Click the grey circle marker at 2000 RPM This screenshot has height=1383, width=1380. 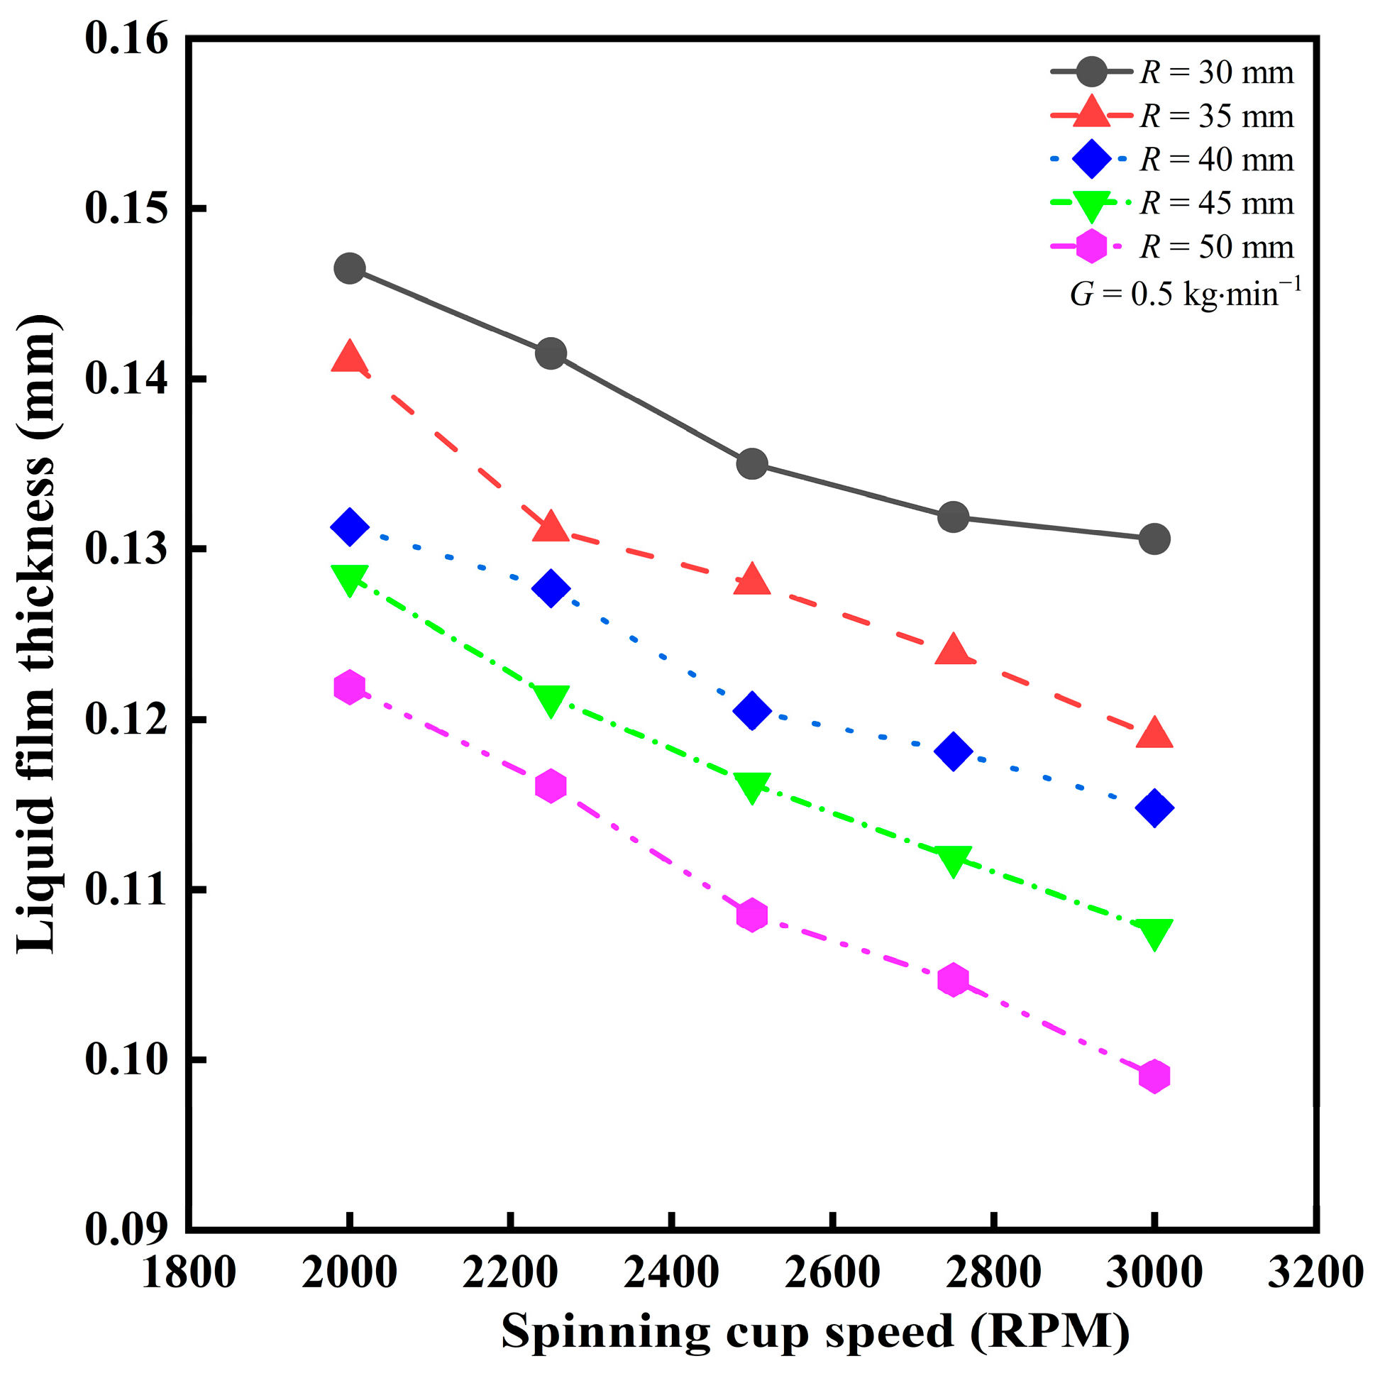pos(349,268)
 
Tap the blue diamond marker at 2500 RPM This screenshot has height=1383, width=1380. pos(751,710)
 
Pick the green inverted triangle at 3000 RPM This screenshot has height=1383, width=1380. pos(1154,933)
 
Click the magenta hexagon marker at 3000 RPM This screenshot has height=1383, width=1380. pos(1154,1076)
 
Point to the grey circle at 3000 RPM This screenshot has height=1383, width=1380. pos(1154,539)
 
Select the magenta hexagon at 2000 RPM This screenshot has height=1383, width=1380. pos(349,687)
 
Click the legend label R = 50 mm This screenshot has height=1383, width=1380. pos(1216,247)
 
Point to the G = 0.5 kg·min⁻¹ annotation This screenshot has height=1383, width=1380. pos(1186,293)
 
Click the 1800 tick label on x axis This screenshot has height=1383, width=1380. pos(188,1274)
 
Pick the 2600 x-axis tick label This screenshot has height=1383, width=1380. pos(832,1274)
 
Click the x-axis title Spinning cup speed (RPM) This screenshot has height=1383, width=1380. pos(815,1332)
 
